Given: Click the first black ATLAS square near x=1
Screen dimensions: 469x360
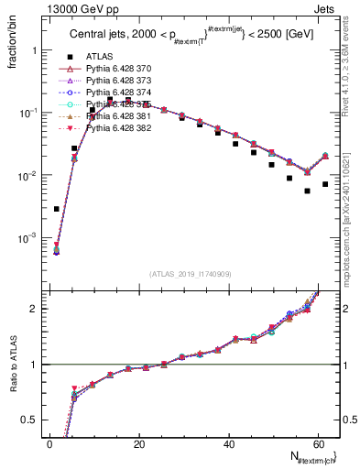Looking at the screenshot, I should click(57, 209).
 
